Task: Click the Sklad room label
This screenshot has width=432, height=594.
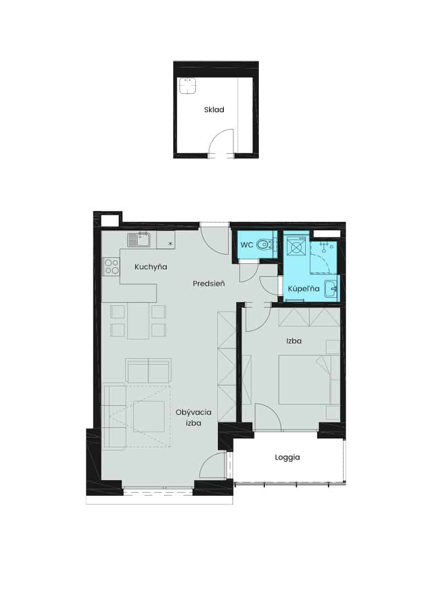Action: [214, 110]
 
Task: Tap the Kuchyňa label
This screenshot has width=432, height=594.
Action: [150, 267]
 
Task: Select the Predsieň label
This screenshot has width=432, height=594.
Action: [209, 283]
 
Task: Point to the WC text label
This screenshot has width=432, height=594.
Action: [246, 245]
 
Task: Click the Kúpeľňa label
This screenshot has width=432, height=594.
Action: [304, 289]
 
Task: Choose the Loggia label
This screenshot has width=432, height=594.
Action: [287, 458]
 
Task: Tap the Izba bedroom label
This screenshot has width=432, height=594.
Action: [294, 341]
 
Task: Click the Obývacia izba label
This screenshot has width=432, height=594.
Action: [194, 418]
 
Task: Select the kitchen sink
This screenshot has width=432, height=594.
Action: [139, 240]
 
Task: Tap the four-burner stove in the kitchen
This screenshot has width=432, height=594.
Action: [111, 266]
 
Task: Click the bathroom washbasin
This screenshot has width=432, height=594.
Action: [331, 289]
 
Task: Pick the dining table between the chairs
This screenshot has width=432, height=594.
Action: [138, 320]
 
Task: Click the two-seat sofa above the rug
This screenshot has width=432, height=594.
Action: [148, 371]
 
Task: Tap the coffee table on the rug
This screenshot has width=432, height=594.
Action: [149, 417]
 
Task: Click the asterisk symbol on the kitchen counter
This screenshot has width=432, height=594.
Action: [170, 243]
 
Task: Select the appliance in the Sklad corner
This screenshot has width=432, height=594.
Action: [187, 86]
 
